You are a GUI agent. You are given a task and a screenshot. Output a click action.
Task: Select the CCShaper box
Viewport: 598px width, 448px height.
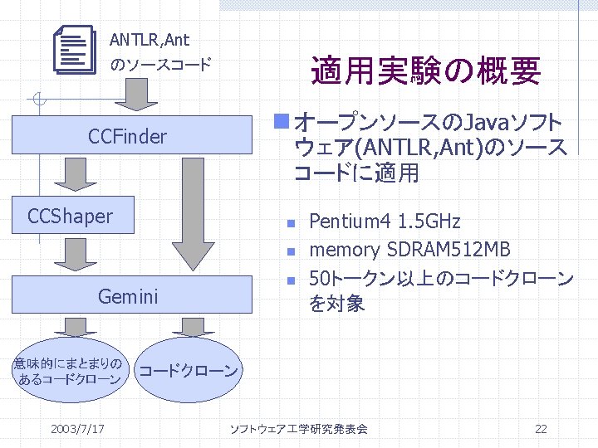(70, 217)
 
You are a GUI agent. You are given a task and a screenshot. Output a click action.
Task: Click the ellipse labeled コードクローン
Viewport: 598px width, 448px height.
(188, 369)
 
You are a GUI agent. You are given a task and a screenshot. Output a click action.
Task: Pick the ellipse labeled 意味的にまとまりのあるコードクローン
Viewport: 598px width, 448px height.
(69, 371)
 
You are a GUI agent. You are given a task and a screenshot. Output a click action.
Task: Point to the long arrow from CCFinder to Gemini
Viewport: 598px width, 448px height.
(193, 217)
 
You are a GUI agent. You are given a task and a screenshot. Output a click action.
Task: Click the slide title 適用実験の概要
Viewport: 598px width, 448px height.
(425, 71)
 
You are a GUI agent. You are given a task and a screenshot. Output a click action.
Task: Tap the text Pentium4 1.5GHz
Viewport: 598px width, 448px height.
(385, 222)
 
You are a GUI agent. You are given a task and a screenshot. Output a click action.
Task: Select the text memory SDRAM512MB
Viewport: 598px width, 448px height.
(409, 249)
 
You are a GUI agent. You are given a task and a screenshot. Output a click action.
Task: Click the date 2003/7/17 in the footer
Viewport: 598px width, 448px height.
(77, 429)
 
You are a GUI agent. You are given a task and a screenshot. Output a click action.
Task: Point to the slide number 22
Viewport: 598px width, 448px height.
(541, 429)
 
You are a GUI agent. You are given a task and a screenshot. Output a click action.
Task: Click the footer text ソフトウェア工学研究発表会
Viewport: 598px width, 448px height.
(298, 429)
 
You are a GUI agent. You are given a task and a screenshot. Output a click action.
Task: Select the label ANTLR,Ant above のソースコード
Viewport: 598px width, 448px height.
(149, 39)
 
